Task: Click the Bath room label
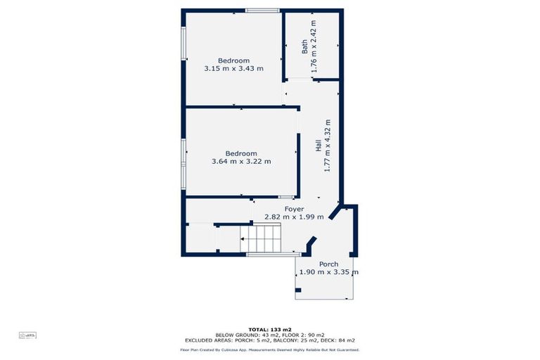click(304, 46)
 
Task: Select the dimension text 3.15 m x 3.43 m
click(233, 69)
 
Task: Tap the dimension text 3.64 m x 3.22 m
click(241, 162)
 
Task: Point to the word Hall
click(318, 146)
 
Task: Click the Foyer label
click(294, 209)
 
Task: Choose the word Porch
click(328, 264)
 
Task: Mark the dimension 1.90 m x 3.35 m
click(328, 273)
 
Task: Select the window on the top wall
click(262, 11)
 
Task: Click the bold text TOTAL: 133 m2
click(269, 329)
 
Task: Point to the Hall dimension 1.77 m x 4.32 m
click(327, 146)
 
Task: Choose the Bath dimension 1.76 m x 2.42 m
click(314, 46)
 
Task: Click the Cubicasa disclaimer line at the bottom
click(269, 349)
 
